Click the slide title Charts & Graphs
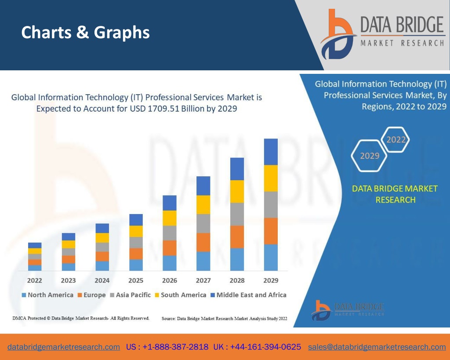click(x=86, y=33)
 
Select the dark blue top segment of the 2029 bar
click(x=271, y=152)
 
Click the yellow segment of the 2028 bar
click(x=237, y=191)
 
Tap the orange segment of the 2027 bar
click(x=203, y=242)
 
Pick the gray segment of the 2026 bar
click(x=170, y=233)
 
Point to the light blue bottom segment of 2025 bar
click(x=136, y=265)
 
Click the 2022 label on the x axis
click(x=35, y=280)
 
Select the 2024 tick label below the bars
click(x=102, y=280)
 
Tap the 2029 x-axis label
click(x=271, y=280)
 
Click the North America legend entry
click(x=47, y=295)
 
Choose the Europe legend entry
click(x=92, y=295)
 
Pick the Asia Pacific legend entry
click(x=130, y=295)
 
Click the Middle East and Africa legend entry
click(x=248, y=295)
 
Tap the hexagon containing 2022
click(x=396, y=140)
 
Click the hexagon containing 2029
click(x=370, y=156)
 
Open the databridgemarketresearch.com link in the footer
click(x=64, y=347)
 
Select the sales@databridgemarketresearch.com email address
click(x=377, y=347)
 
